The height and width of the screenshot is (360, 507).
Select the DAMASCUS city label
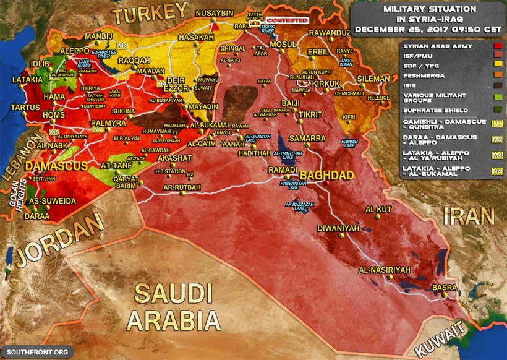click(55, 167)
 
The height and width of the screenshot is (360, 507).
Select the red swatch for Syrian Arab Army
click(496, 46)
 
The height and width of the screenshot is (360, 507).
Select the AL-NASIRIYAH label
click(385, 270)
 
